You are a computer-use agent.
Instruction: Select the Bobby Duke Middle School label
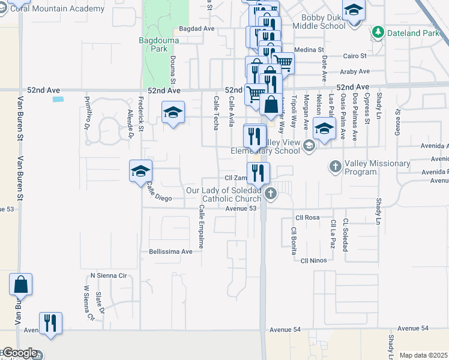tap(324, 22)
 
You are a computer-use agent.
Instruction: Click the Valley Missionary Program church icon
tap(335, 165)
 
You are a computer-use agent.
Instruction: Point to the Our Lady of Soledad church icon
tap(271, 193)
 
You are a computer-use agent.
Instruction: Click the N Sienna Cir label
tap(109, 275)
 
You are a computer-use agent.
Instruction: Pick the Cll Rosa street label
tap(307, 217)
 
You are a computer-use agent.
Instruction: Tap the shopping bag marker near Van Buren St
tap(20, 285)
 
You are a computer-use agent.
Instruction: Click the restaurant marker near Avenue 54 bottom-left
tap(50, 323)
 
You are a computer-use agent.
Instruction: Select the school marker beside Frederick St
tap(140, 171)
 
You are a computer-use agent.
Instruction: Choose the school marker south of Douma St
tap(173, 112)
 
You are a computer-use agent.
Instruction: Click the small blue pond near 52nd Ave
tap(58, 99)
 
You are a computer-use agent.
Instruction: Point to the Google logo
tap(19, 353)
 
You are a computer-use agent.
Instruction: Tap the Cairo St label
tap(355, 56)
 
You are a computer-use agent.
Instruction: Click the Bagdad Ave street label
tap(197, 29)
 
